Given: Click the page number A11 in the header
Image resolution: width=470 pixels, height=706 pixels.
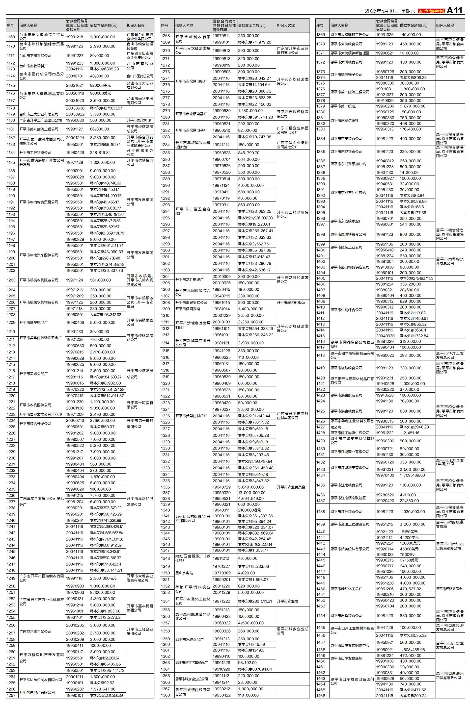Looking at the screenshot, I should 454,11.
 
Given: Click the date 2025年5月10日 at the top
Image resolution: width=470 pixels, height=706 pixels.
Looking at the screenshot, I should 381,11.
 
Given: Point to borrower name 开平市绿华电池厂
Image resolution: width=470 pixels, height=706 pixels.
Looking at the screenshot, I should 33,323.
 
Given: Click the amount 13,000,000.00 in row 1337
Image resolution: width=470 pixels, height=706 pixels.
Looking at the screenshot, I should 252,493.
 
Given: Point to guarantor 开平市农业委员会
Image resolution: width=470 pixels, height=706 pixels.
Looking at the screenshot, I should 291,487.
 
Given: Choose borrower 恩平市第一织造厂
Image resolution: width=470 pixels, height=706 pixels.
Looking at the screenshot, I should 344,106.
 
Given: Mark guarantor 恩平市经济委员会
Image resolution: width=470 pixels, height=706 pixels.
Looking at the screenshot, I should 449,589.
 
